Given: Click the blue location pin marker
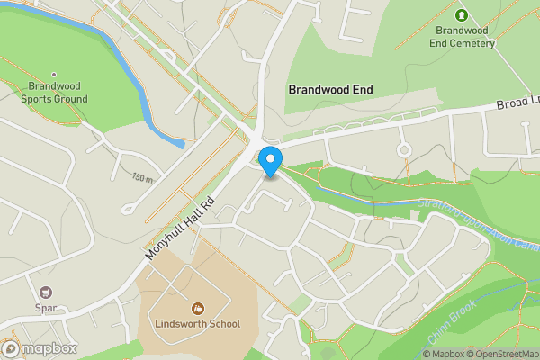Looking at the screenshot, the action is [270, 161].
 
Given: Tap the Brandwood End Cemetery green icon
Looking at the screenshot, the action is [462, 15].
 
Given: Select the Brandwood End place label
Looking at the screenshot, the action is [330, 90].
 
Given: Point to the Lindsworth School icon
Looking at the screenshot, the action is [198, 307].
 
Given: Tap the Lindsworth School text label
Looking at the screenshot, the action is [198, 323].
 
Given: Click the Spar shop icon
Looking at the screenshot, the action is [45, 292].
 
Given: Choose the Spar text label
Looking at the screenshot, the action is [45, 308].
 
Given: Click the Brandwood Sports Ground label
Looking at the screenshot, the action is [54, 93].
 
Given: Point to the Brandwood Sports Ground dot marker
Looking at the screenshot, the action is [54, 76].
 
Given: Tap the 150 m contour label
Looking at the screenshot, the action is [141, 178].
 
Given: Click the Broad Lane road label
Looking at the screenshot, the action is [517, 104].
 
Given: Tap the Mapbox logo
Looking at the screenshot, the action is [40, 348].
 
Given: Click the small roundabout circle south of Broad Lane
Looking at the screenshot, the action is [404, 149].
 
